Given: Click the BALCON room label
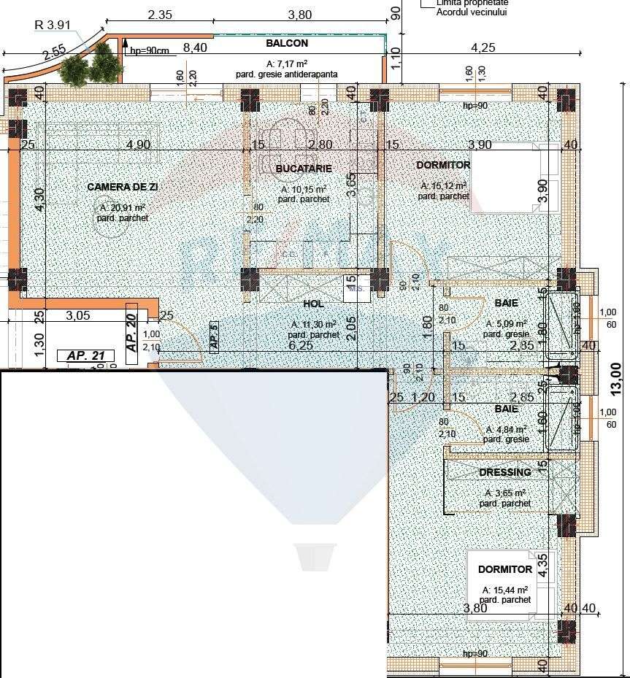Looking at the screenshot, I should [x=287, y=44].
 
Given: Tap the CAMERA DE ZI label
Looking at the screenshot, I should [x=123, y=188].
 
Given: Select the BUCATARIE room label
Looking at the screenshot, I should [x=304, y=169].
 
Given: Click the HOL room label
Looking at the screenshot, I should [x=312, y=304].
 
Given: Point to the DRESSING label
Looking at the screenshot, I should [x=504, y=473].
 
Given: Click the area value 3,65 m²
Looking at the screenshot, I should [x=505, y=493].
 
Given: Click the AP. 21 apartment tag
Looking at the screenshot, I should [x=86, y=355].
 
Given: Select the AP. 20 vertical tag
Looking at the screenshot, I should [x=131, y=334].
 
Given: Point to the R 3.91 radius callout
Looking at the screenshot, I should [x=53, y=24].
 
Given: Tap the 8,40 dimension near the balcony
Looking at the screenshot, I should [x=194, y=48].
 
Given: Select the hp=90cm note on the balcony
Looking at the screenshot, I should [x=150, y=50].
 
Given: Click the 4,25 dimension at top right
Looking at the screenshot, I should [x=483, y=48].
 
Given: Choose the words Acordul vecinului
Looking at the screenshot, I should [x=472, y=12].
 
